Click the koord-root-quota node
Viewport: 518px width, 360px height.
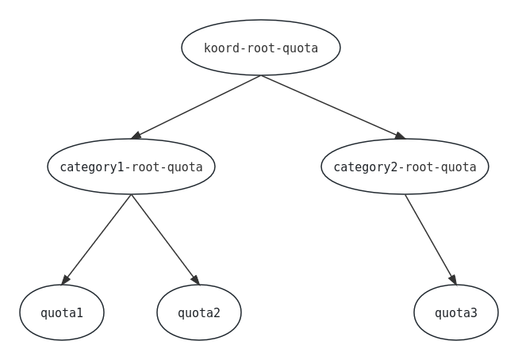click(x=260, y=48)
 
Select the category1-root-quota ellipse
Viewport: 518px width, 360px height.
click(x=131, y=167)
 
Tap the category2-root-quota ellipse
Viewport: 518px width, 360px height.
click(x=405, y=167)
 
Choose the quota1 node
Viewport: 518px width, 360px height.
click(x=62, y=312)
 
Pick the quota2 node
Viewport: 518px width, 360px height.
click(x=199, y=312)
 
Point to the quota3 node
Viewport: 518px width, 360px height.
click(x=456, y=312)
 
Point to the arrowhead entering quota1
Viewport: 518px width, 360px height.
click(x=65, y=280)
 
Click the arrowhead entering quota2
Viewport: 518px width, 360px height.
click(x=195, y=280)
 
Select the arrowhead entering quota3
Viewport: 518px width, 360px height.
click(x=453, y=279)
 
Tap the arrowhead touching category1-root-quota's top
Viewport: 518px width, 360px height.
click(x=136, y=136)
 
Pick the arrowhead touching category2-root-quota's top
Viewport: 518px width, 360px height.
click(x=399, y=136)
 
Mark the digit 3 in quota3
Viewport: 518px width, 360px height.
click(x=474, y=312)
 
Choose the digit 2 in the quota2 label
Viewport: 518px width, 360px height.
click(x=216, y=312)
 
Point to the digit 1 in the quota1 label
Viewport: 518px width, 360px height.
click(x=79, y=312)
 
